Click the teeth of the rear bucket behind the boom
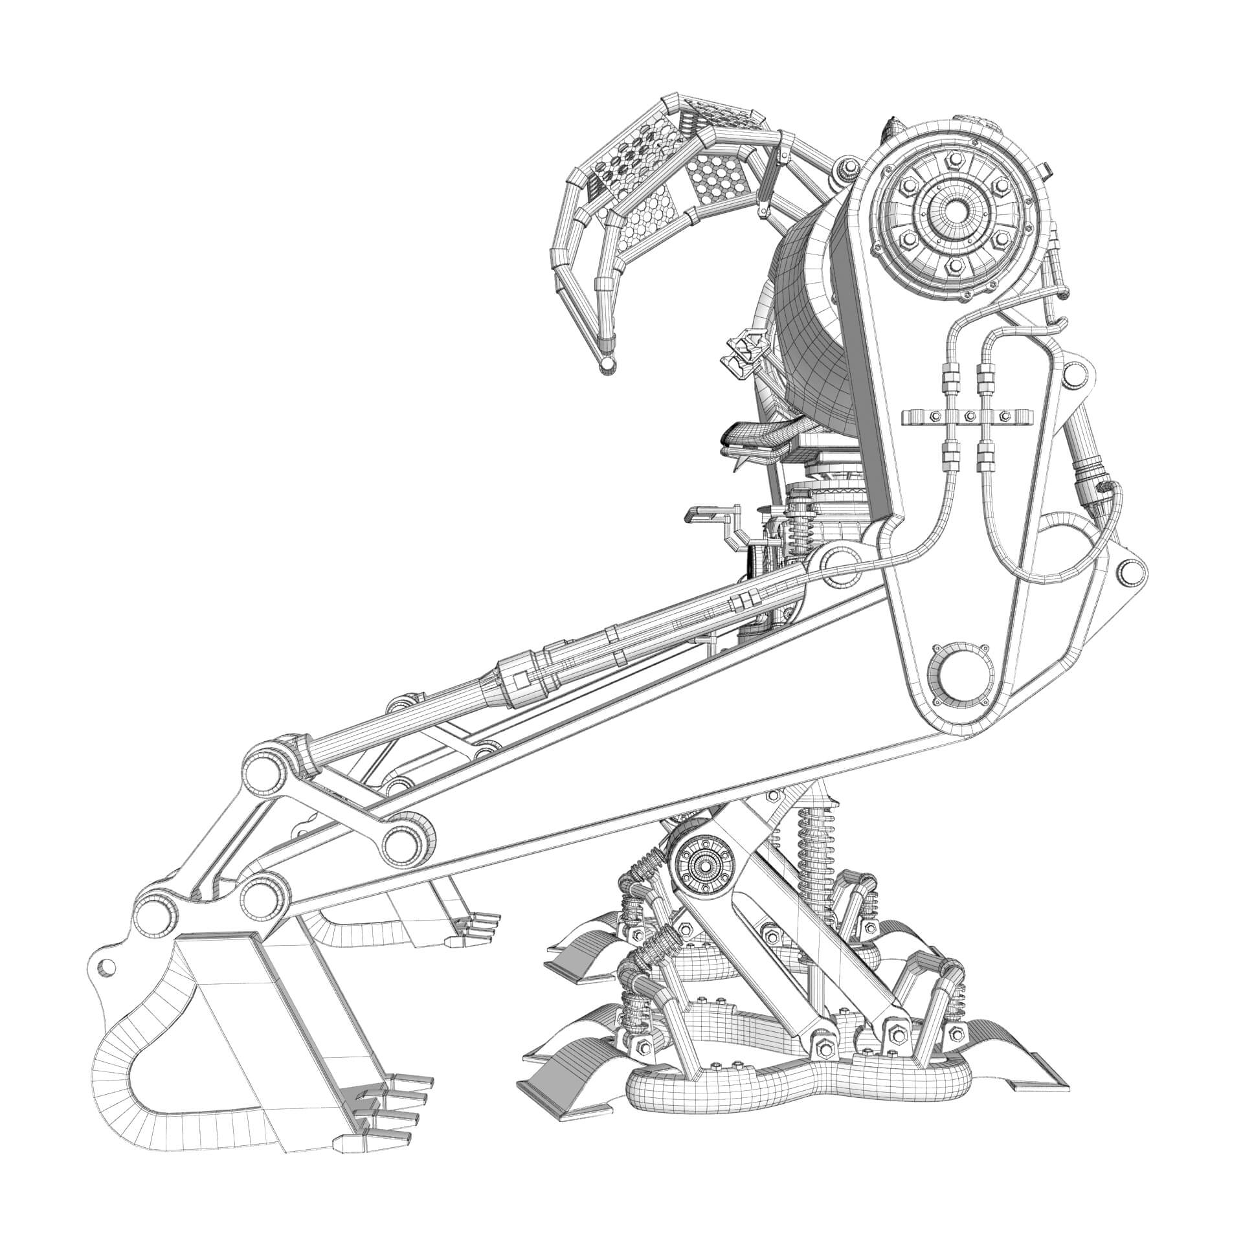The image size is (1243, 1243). [x=476, y=927]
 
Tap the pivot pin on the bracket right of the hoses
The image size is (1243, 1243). [x=1079, y=374]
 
